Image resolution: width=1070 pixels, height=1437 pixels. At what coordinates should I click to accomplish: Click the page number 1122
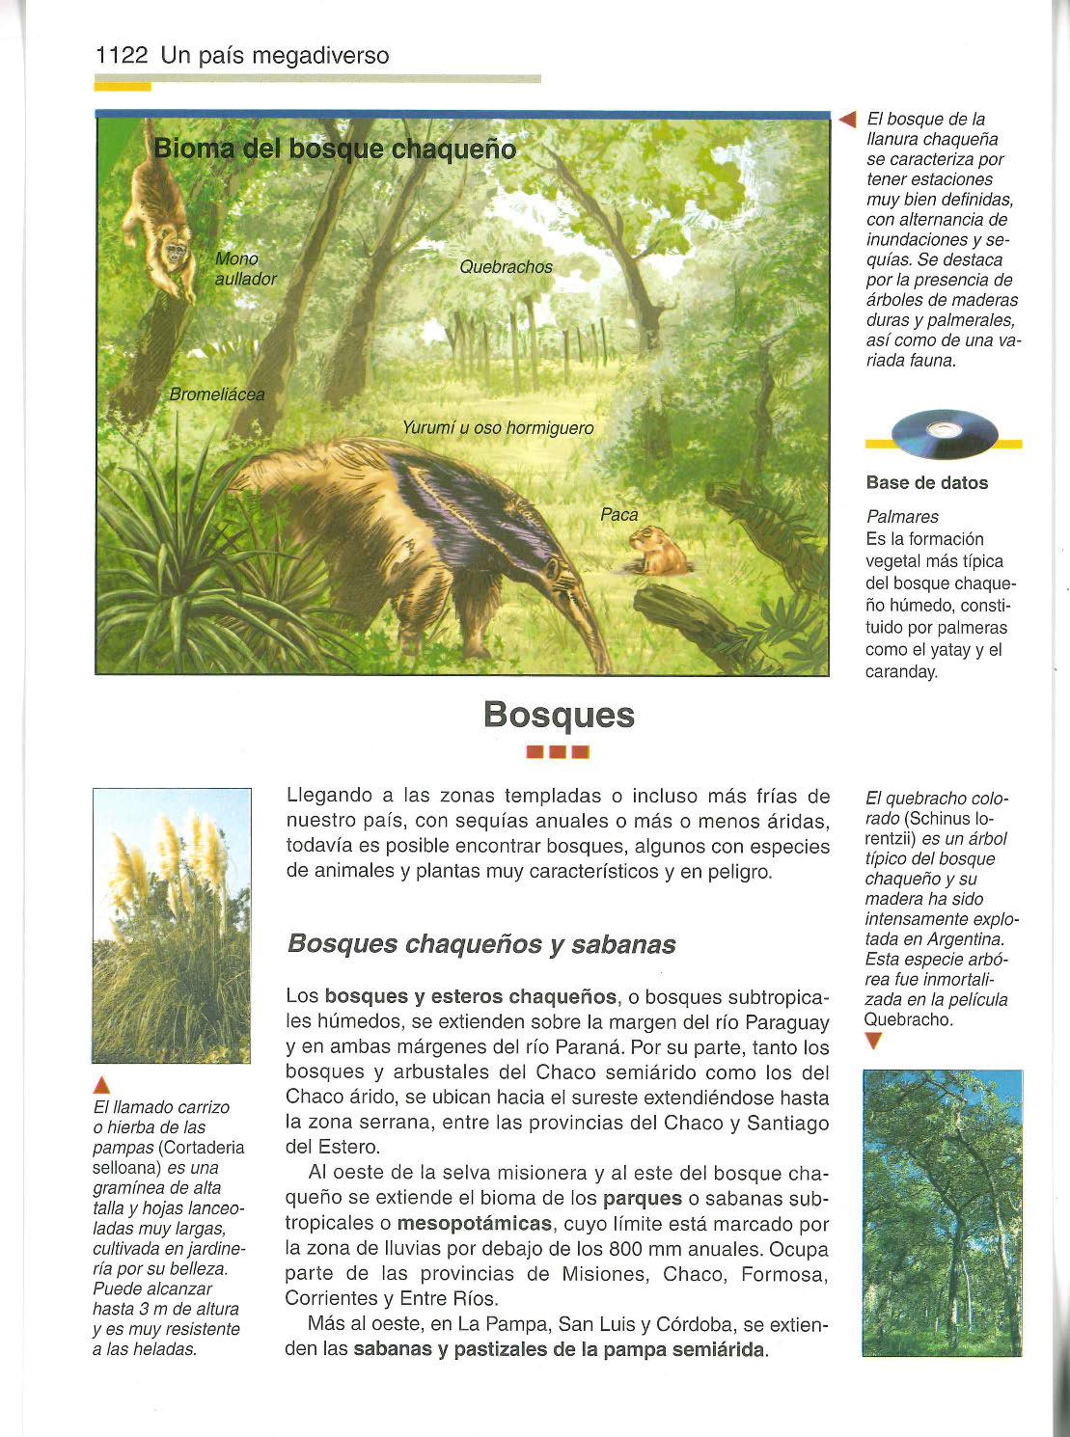(x=122, y=56)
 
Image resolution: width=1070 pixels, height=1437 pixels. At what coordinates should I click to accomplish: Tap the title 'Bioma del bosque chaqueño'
(x=335, y=149)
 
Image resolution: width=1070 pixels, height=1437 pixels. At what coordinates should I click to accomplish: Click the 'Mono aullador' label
(x=245, y=269)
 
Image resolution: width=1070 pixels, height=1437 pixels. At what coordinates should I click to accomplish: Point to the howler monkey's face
(x=176, y=253)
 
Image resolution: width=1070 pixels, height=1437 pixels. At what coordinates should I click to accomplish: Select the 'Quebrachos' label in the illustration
(x=506, y=267)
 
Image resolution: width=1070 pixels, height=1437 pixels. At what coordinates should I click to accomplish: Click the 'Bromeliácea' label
(x=216, y=394)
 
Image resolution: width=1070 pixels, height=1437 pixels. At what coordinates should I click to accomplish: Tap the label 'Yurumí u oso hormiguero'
(x=497, y=428)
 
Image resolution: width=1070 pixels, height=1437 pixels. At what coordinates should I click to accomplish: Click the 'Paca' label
(x=618, y=515)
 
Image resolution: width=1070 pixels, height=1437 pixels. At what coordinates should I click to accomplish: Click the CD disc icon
(x=944, y=433)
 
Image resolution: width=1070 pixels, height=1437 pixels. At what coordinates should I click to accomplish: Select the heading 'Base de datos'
(x=926, y=483)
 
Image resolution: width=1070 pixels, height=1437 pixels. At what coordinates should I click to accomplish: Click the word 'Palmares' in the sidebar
(x=902, y=517)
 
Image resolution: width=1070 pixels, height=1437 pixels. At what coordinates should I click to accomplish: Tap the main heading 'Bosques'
(x=559, y=715)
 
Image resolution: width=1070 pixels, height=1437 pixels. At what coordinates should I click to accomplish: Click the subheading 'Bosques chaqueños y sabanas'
(x=480, y=944)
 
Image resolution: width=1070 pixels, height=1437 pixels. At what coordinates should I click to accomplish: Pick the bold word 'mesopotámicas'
(x=475, y=1224)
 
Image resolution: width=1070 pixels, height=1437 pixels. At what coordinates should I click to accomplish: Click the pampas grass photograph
(x=172, y=925)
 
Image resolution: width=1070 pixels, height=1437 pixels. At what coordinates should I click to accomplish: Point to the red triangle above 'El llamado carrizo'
(x=102, y=1084)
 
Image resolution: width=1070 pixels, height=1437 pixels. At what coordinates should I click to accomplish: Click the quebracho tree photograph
(x=942, y=1212)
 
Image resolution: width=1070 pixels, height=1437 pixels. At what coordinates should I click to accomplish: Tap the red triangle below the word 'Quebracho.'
(x=874, y=1040)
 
